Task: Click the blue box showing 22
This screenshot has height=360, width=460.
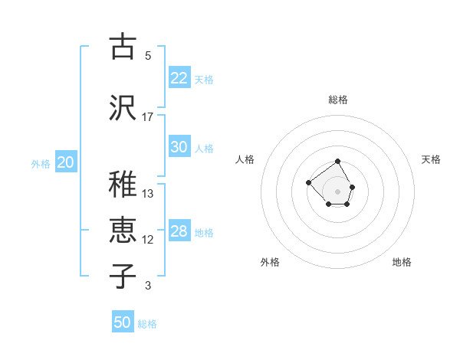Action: coord(179,78)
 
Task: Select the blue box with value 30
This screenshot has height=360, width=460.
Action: coord(179,148)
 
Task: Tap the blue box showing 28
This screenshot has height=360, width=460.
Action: coord(179,232)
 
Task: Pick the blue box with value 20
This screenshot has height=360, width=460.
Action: coord(66,162)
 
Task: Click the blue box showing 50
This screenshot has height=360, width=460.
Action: coord(123,322)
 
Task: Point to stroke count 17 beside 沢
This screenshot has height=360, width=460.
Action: coord(148,116)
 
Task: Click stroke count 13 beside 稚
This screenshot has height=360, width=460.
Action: coord(148,193)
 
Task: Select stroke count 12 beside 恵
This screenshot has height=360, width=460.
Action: coord(148,240)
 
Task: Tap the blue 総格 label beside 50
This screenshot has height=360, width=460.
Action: coord(147,324)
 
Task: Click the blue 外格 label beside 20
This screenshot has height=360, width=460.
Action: coord(41,163)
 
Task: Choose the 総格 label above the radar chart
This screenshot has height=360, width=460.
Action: coord(337,100)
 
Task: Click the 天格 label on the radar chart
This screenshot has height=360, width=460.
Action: coord(431,159)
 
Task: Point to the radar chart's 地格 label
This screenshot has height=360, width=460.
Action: coord(402,262)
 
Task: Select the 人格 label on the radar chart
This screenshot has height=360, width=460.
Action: coord(245,159)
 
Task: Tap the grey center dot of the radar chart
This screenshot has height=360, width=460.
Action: coord(337,191)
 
